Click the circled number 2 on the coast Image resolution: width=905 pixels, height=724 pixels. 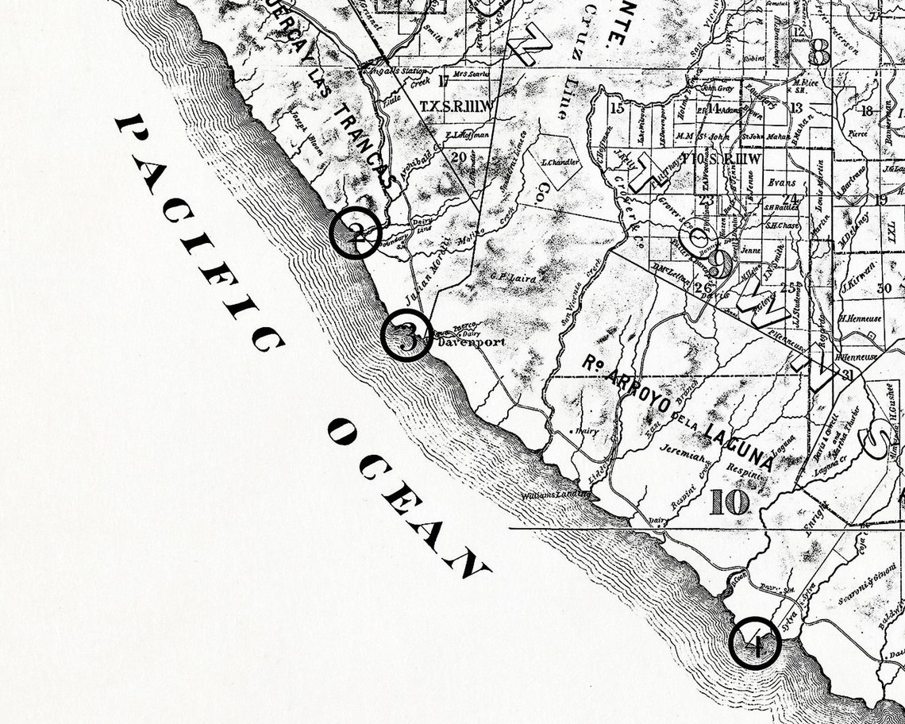point(356,233)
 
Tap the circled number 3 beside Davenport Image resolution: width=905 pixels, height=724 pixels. point(406,337)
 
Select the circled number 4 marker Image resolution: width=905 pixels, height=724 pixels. point(754,642)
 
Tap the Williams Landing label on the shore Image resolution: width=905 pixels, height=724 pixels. point(555,496)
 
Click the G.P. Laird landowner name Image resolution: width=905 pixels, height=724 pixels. point(513,278)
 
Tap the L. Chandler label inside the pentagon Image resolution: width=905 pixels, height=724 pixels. point(559,163)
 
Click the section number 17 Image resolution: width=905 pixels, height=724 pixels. point(444,79)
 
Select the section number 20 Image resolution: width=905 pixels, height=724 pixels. point(458,156)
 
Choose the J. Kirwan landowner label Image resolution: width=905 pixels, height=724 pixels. point(858,283)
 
